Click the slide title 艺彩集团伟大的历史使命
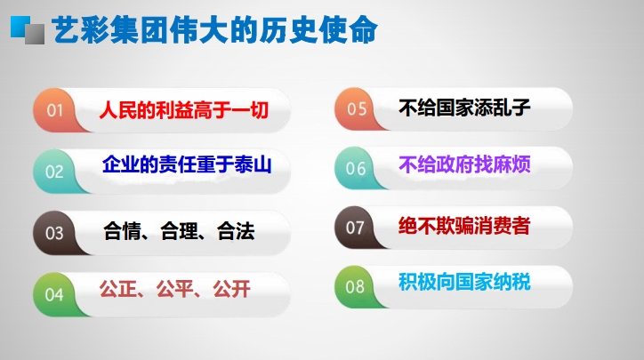(214, 30)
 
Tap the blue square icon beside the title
(20, 27)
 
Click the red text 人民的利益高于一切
(184, 110)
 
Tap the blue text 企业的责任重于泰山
(187, 164)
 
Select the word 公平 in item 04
(175, 289)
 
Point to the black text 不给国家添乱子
(464, 108)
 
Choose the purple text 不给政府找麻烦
(464, 164)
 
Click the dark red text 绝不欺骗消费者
(464, 226)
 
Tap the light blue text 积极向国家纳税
(464, 282)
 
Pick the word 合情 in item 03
(122, 231)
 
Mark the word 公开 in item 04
(231, 289)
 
